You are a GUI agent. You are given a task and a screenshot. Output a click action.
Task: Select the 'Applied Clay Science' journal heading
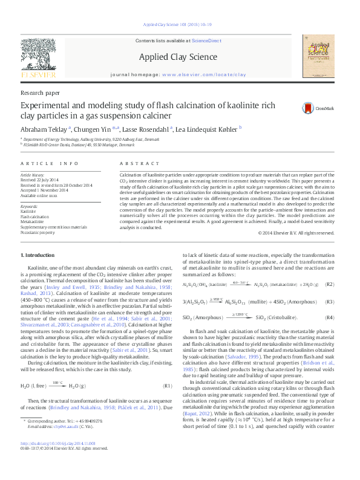click(x=178, y=57)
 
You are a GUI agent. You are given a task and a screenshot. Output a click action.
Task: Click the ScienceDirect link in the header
click(x=206, y=41)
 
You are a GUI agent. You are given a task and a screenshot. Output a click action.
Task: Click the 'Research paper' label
click(x=40, y=92)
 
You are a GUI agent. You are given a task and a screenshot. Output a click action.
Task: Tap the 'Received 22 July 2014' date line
click(x=41, y=180)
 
